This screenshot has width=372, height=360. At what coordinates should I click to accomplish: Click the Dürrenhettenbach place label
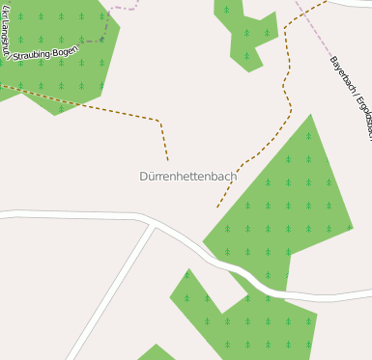pos(187,177)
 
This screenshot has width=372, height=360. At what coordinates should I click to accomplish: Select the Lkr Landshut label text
pos(8,35)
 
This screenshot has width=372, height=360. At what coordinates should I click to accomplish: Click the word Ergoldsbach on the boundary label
pos(362,118)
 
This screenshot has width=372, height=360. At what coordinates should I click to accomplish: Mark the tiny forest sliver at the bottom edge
pos(155,353)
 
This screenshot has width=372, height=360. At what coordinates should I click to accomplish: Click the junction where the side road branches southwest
pos(153,225)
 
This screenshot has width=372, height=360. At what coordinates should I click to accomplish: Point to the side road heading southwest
pos(111,290)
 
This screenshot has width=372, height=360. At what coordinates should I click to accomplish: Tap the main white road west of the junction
pos(68,216)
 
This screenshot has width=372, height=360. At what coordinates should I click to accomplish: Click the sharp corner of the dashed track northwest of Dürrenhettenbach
pos(159,121)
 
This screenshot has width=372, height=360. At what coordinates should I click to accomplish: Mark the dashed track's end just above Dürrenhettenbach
pos(168,159)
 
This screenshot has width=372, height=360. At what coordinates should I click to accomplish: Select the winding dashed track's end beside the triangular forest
pos(217,207)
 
